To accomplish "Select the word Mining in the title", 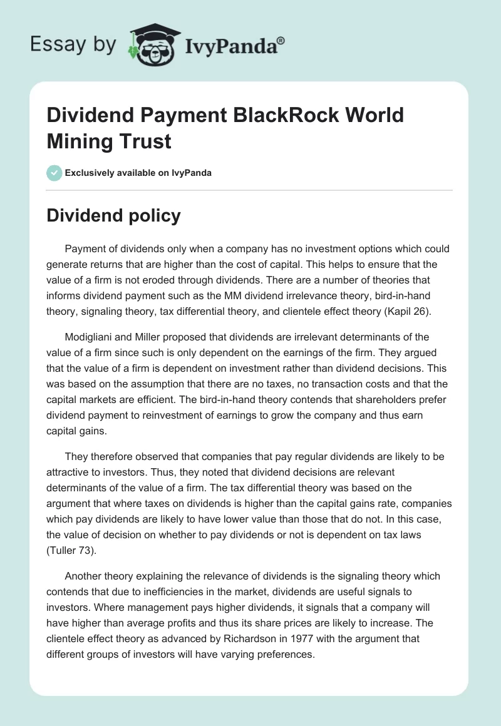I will click(x=77, y=141).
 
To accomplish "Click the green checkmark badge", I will click(x=54, y=173).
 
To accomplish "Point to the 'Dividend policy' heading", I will click(x=114, y=215).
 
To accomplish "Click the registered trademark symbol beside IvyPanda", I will click(x=281, y=40).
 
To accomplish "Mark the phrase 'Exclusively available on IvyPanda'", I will click(x=138, y=173).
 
